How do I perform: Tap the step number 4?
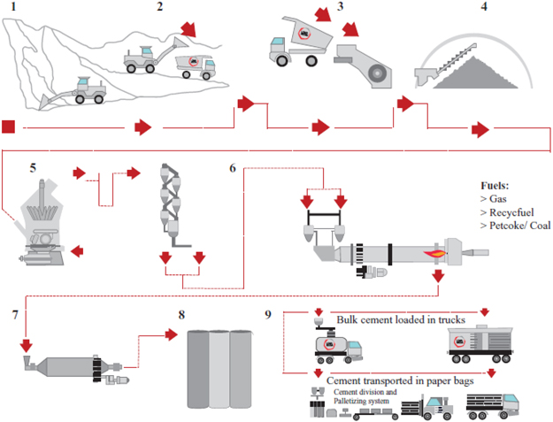click(484, 10)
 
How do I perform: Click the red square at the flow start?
click(9, 127)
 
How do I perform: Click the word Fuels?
click(491, 187)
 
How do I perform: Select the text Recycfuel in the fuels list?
click(509, 215)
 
